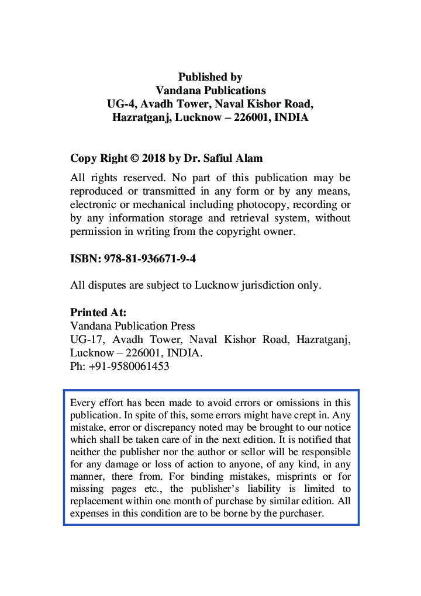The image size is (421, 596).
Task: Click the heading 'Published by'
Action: tap(210, 77)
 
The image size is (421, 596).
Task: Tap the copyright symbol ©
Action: tap(133, 158)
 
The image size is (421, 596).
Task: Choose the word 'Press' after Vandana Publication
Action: tap(181, 326)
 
